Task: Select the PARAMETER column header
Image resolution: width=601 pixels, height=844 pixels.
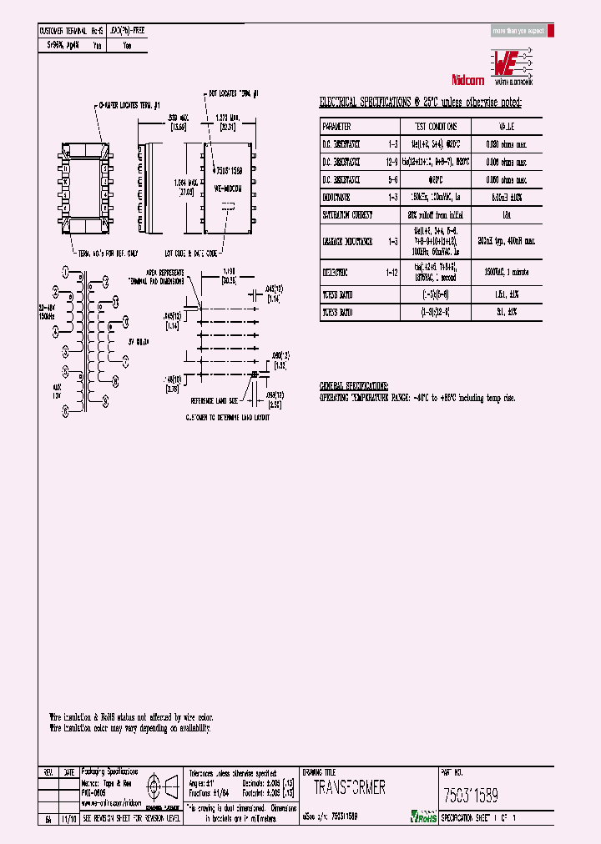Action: coord(338,127)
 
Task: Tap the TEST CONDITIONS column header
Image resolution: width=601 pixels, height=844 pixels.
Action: coord(431,127)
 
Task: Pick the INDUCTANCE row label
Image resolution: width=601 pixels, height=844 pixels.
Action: coord(339,197)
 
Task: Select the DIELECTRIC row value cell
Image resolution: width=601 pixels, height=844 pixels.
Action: coord(507,272)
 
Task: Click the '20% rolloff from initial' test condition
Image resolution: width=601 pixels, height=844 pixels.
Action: coord(431,214)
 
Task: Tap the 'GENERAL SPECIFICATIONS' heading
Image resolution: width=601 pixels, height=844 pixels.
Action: coord(354,387)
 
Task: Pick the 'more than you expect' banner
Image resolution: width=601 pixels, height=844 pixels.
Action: coord(518,31)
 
